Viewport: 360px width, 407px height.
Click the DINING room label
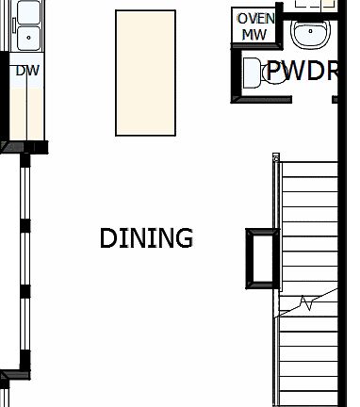(146, 238)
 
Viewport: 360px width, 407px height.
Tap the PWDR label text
(301, 71)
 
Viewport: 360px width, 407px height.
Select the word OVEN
(255, 19)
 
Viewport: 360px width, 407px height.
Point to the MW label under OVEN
(254, 35)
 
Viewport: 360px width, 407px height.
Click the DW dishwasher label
(25, 70)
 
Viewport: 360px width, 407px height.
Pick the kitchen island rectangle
(146, 73)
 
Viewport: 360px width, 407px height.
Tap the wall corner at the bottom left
(8, 378)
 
